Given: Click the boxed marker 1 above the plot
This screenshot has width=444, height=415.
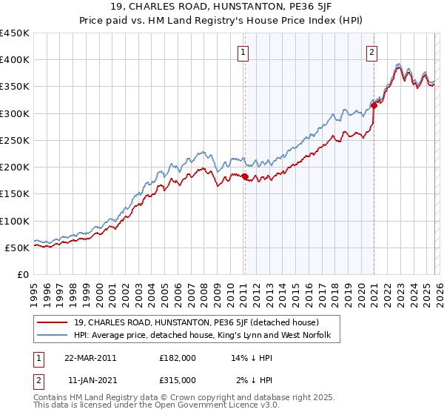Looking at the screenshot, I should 243,52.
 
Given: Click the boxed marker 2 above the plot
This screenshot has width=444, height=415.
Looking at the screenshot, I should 371,52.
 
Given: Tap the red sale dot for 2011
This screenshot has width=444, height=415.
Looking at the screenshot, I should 245,176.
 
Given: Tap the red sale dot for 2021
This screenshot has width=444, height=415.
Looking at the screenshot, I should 374,105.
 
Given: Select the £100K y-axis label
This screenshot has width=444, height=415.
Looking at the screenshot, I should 15,221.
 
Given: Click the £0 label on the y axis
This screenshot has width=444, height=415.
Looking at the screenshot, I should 22,274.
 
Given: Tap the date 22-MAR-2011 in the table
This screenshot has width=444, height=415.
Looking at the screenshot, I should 90,357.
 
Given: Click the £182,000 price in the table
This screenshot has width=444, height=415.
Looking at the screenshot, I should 178,357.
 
